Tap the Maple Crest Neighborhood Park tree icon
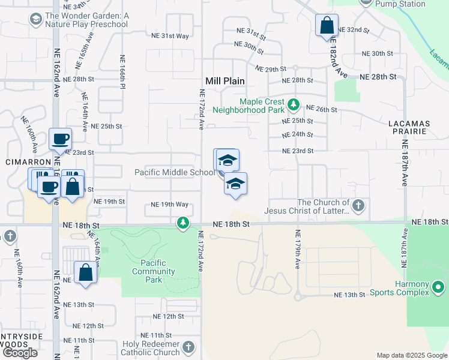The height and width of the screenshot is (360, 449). pos(293,106)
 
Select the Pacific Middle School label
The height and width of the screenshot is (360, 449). pos(175,172)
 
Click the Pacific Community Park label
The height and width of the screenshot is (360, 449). pos(154,267)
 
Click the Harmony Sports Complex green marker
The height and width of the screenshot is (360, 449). pos(439,284)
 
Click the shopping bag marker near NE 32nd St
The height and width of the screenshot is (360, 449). pos(327,26)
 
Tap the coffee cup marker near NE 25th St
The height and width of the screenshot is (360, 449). pos(61,140)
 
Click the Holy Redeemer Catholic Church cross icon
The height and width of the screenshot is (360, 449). pos(188,347)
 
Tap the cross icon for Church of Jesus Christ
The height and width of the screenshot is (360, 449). pos(358,206)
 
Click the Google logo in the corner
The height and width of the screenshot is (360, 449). pos(20,352)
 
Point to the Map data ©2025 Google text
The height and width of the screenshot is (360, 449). pos(412,355)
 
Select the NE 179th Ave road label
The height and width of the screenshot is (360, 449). pos(297,249)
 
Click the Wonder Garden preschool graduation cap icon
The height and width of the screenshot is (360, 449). pos(35,20)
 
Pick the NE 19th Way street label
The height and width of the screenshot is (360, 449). pos(170,205)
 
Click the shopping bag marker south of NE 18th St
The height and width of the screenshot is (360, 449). pos(86,272)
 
